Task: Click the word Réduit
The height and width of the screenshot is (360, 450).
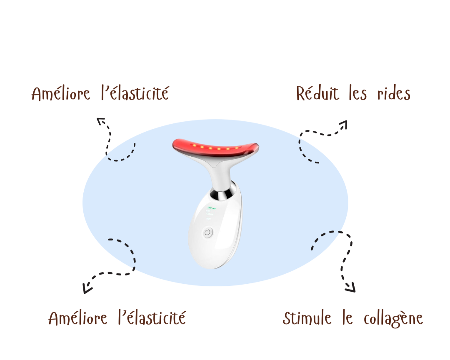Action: tap(317, 93)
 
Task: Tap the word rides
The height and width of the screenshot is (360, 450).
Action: tap(394, 93)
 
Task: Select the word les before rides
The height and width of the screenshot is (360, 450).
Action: tap(358, 93)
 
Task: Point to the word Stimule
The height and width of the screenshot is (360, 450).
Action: tap(307, 318)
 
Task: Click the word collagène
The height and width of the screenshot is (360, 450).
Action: tap(393, 319)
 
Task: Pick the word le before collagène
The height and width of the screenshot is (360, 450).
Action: tap(347, 318)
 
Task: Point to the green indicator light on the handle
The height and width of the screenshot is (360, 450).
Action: tap(211, 208)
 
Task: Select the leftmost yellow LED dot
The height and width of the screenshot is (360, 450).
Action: tap(194, 145)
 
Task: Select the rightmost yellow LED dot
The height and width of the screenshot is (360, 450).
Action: tap(237, 148)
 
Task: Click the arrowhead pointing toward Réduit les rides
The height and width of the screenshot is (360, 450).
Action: tap(343, 124)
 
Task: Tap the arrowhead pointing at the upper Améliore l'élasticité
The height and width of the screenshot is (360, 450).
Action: tap(100, 121)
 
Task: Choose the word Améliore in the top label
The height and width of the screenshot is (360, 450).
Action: tap(60, 93)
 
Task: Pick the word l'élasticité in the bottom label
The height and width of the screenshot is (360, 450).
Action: tap(152, 317)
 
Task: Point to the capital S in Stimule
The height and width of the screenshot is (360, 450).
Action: tap(287, 318)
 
